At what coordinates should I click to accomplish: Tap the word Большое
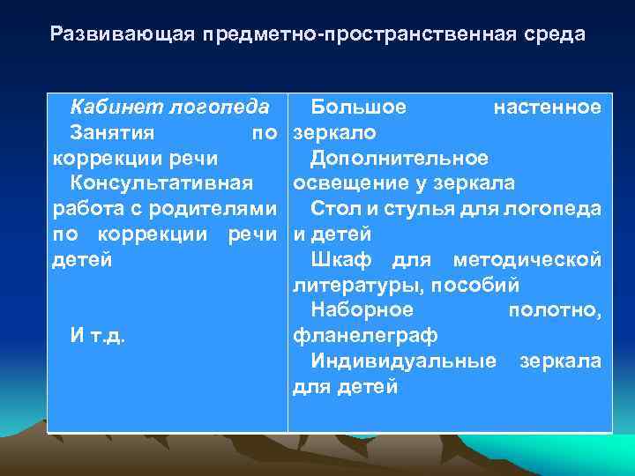[x=359, y=108]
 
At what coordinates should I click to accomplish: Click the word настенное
[x=548, y=108]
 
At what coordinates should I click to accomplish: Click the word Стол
[x=334, y=209]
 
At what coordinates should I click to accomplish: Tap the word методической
[x=527, y=260]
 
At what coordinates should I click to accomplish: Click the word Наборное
[x=362, y=310]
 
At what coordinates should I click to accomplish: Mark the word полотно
[x=555, y=310]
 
